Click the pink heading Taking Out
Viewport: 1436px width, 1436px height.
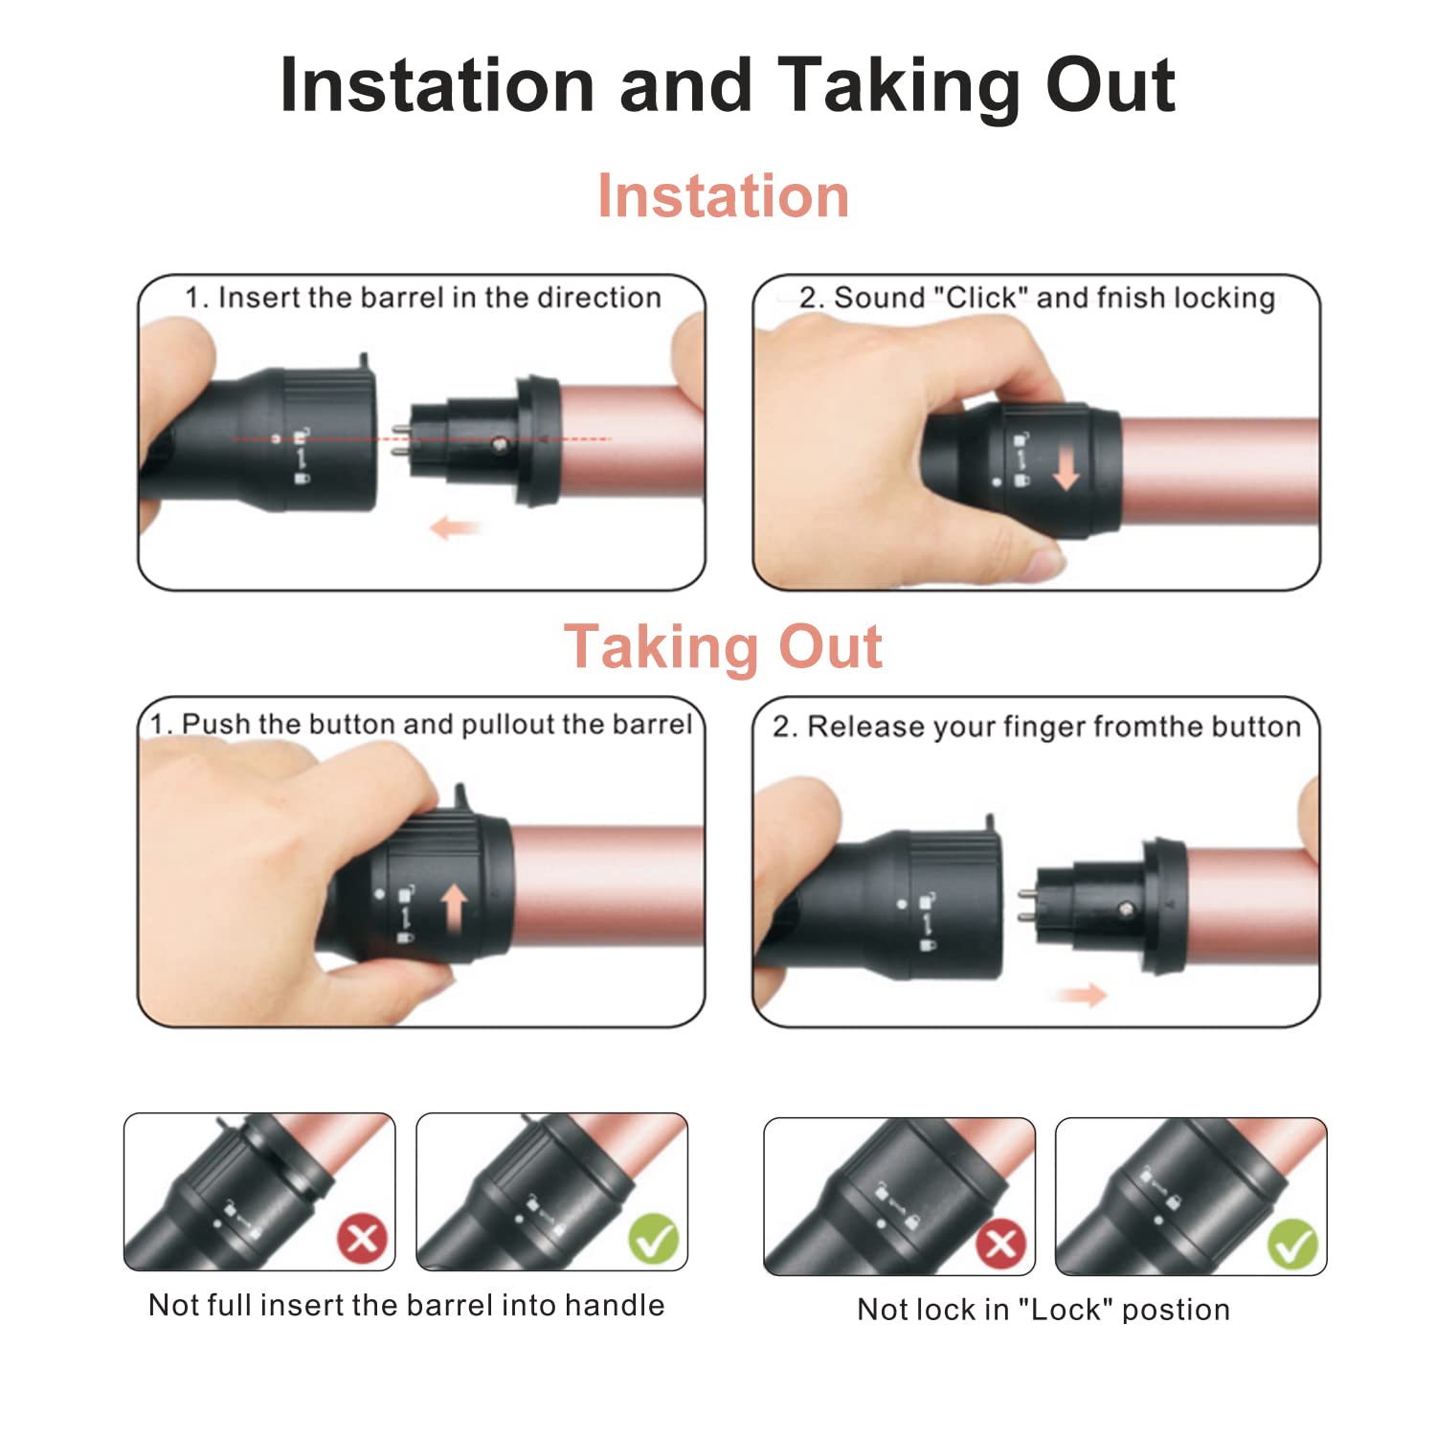pyautogui.click(x=723, y=647)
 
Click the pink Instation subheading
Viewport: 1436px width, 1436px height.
pyautogui.click(x=723, y=196)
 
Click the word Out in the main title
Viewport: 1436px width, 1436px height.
pyautogui.click(x=1110, y=86)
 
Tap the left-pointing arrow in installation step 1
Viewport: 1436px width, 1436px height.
pyautogui.click(x=454, y=527)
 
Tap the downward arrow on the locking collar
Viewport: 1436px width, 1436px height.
pyautogui.click(x=1066, y=470)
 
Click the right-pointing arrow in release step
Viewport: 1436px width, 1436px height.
pyautogui.click(x=1082, y=996)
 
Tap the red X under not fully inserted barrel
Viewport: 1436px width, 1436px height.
pyautogui.click(x=363, y=1239)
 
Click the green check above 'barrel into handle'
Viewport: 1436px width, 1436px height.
pyautogui.click(x=654, y=1239)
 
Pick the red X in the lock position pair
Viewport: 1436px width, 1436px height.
pyautogui.click(x=1001, y=1245)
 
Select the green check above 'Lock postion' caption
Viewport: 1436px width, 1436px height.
pyautogui.click(x=1292, y=1245)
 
